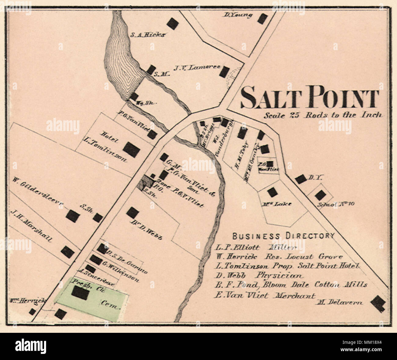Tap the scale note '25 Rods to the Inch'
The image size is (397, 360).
point(323,115)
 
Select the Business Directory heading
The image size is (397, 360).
point(283,236)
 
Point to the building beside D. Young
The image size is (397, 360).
point(262,19)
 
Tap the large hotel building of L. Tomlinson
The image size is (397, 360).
point(132,150)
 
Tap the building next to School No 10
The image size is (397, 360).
point(320,195)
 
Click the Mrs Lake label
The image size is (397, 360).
point(277,204)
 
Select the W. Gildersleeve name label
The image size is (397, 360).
point(38,192)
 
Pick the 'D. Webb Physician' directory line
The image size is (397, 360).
point(260,276)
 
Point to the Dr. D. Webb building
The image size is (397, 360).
point(132,213)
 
